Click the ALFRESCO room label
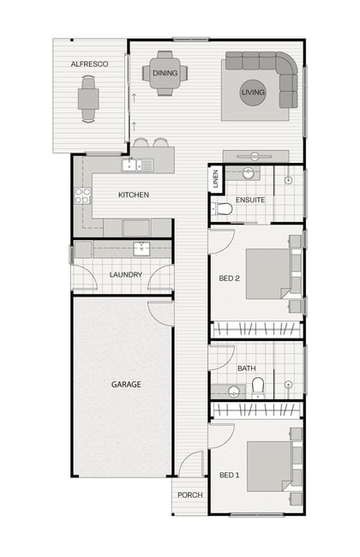pyautogui.click(x=89, y=64)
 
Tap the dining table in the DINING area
pyautogui.click(x=165, y=73)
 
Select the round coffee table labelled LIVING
pyautogui.click(x=253, y=93)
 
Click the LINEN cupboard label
pyautogui.click(x=215, y=179)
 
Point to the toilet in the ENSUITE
pyautogui.click(x=222, y=209)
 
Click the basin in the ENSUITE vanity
pyautogui.click(x=248, y=173)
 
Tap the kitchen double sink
pyautogui.click(x=137, y=165)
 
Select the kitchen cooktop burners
pyautogui.click(x=82, y=196)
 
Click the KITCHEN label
pyautogui.click(x=133, y=195)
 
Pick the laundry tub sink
pyautogui.click(x=141, y=249)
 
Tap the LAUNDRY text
pyautogui.click(x=126, y=274)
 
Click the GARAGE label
pyautogui.click(x=126, y=385)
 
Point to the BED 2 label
pyautogui.click(x=229, y=278)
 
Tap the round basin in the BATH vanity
pyautogui.click(x=234, y=392)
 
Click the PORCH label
pyautogui.click(x=190, y=494)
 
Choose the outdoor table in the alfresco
pyautogui.click(x=88, y=99)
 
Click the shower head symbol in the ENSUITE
pyautogui.click(x=289, y=180)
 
